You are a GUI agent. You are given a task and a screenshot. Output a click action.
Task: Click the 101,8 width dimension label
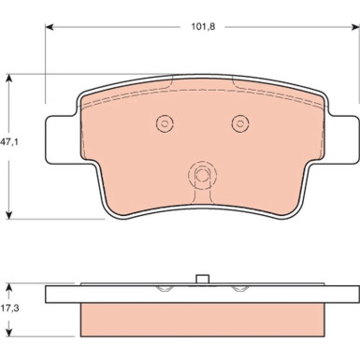click(x=203, y=27)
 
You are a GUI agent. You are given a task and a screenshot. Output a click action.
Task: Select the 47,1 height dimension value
click(x=9, y=142)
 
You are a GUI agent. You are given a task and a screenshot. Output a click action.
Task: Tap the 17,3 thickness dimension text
click(x=9, y=309)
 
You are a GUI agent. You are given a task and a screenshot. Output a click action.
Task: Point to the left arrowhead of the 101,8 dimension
click(x=50, y=27)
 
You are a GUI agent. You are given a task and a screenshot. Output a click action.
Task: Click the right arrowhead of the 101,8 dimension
click(x=355, y=27)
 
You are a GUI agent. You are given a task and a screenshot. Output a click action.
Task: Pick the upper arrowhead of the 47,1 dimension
click(x=9, y=79)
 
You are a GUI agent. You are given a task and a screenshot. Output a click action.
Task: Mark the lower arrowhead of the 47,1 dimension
click(x=9, y=214)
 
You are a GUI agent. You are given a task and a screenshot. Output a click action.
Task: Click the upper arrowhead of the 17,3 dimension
click(x=9, y=287)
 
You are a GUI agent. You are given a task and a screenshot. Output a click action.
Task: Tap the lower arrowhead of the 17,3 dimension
click(x=9, y=332)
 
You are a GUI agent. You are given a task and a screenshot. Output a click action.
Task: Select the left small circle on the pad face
click(x=165, y=123)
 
